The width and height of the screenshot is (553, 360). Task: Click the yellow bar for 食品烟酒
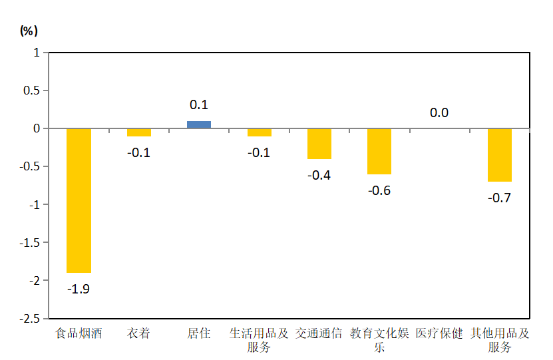[79, 200]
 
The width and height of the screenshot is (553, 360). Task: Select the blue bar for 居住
[199, 124]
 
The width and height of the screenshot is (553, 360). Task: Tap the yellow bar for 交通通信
[319, 144]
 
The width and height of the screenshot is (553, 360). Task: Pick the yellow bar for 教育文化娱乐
[379, 151]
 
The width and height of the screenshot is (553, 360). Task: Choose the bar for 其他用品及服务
[499, 154]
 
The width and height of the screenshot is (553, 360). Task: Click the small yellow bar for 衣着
[138, 132]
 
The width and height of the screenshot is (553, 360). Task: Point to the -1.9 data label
[79, 289]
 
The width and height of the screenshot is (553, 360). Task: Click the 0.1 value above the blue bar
[199, 105]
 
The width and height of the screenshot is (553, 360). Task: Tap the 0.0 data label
[439, 113]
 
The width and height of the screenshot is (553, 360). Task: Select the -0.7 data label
[499, 198]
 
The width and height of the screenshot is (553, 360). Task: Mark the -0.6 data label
[379, 190]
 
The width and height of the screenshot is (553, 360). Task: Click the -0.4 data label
[319, 175]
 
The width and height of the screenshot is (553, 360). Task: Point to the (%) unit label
[29, 30]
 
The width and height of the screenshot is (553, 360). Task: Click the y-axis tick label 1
[37, 53]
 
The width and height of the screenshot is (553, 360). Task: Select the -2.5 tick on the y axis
[31, 319]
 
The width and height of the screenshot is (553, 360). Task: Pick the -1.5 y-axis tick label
[31, 243]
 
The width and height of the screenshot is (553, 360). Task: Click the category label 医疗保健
[439, 333]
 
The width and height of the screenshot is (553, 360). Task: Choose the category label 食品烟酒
[79, 333]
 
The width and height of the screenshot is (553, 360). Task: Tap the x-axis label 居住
[199, 333]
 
